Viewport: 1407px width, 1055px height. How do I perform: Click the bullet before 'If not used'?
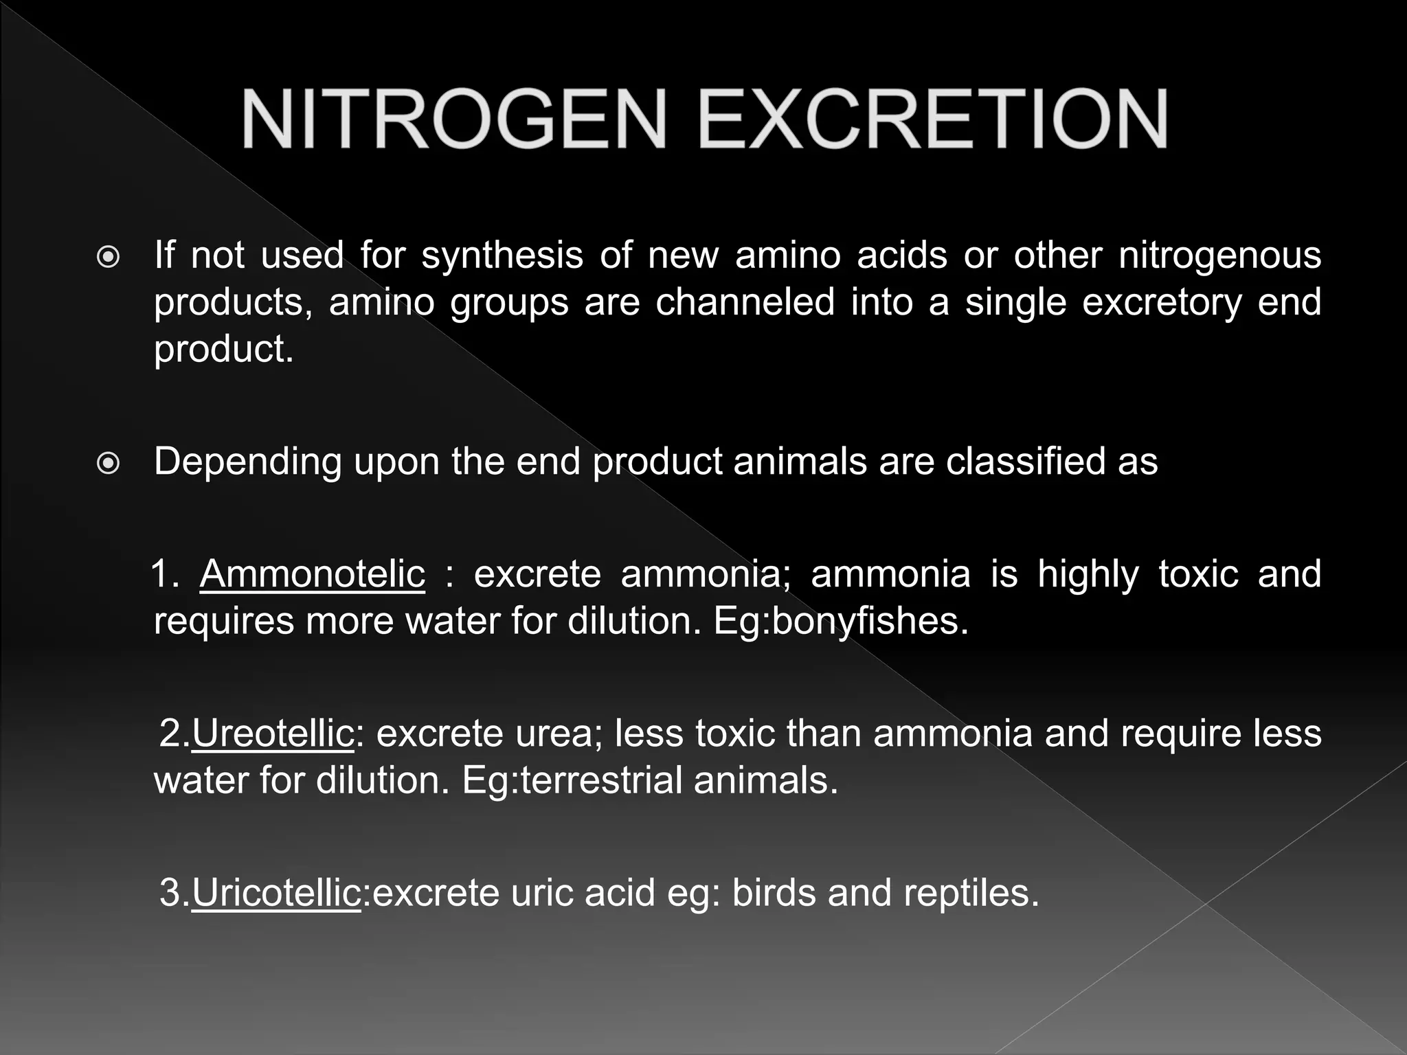(109, 258)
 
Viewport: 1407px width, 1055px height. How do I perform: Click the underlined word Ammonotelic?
(313, 574)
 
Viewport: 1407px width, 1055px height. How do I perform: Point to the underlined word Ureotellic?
(273, 734)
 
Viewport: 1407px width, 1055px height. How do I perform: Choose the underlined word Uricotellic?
(276, 893)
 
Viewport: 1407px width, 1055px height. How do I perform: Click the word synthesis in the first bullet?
(502, 256)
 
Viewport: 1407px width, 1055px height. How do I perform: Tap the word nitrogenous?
(1219, 256)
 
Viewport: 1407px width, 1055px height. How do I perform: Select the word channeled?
(745, 302)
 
